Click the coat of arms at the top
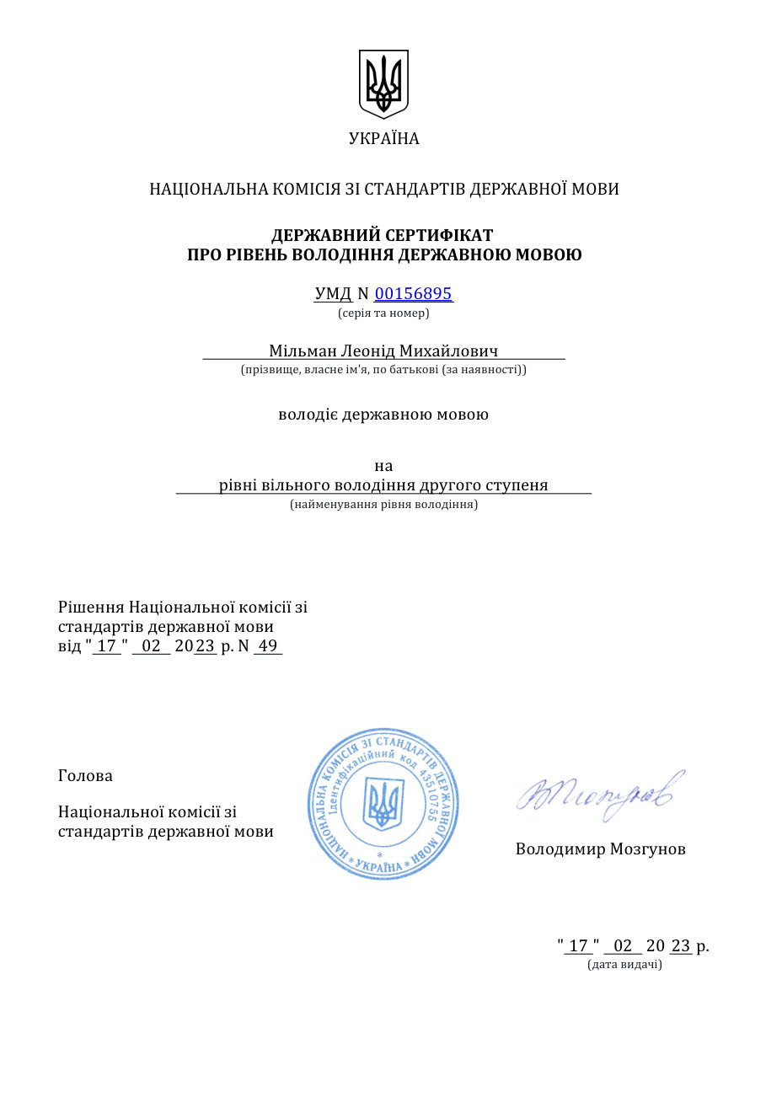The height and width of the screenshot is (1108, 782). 384,83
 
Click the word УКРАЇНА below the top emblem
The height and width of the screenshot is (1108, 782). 384,139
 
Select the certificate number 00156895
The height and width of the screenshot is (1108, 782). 413,294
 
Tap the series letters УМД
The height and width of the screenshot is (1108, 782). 333,294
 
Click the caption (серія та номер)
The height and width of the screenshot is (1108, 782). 383,313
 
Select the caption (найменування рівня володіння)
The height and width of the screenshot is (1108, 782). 383,505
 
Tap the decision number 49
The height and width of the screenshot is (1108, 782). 268,646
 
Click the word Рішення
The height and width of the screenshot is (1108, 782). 91,608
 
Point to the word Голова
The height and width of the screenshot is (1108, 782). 85,776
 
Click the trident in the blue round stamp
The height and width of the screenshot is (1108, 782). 383,803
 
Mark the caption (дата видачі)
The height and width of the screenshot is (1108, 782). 624,965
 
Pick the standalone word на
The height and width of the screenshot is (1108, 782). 383,466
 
